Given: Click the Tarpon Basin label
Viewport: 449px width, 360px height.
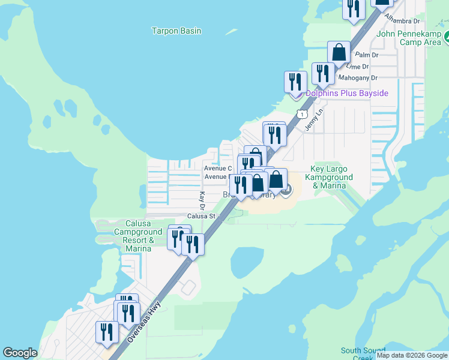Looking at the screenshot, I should click(176, 31).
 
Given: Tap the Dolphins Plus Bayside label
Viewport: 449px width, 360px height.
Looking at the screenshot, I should click(347, 93).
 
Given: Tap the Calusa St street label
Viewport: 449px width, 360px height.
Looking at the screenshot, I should click(200, 216).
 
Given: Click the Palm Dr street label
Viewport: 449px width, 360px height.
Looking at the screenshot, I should click(367, 55).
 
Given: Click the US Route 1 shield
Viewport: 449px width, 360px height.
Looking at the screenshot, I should click(303, 113).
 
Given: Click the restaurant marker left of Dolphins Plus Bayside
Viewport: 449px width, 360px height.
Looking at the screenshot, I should click(295, 82).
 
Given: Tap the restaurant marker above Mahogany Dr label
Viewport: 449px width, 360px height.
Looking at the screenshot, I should click(324, 73).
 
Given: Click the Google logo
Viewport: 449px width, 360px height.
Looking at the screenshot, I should click(20, 353).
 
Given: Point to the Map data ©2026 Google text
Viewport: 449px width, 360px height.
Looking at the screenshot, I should click(412, 355).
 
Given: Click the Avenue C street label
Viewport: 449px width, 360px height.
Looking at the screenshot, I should click(217, 169).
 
